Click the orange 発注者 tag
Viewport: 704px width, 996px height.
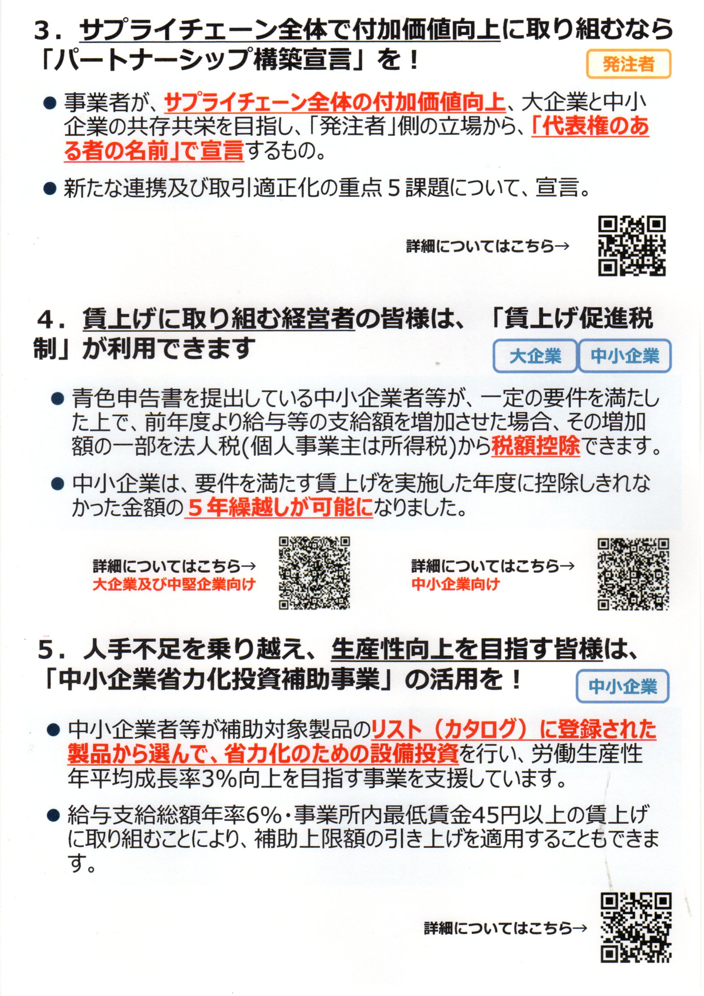point(628,64)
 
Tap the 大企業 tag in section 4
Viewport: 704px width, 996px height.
point(535,356)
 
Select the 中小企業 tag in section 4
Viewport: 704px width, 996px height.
point(625,356)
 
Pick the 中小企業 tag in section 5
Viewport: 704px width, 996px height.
point(623,686)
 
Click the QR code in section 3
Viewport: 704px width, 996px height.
point(632,246)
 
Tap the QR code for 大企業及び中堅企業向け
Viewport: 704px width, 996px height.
point(314,573)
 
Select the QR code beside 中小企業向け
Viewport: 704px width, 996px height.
point(633,574)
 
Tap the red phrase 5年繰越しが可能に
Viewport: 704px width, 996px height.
point(279,508)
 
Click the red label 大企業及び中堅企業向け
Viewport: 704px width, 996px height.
point(174,585)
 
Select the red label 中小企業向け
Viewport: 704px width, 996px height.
point(455,584)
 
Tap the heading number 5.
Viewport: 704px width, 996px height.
point(47,652)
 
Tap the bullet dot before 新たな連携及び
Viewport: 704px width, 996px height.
point(50,189)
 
